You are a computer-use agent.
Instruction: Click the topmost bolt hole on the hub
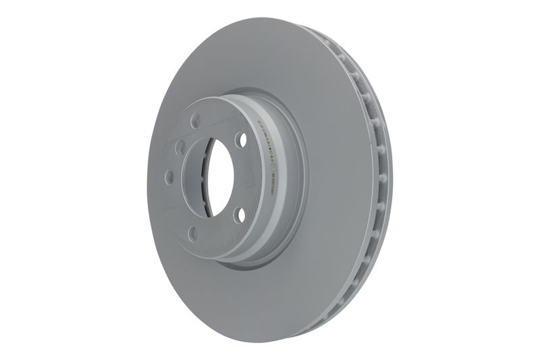(x=194, y=122)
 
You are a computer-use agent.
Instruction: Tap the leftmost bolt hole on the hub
(x=169, y=176)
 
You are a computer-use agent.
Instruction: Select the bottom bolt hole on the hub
(x=193, y=234)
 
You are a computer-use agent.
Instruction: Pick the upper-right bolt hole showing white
(x=240, y=140)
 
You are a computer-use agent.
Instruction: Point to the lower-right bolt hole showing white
(x=238, y=215)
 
